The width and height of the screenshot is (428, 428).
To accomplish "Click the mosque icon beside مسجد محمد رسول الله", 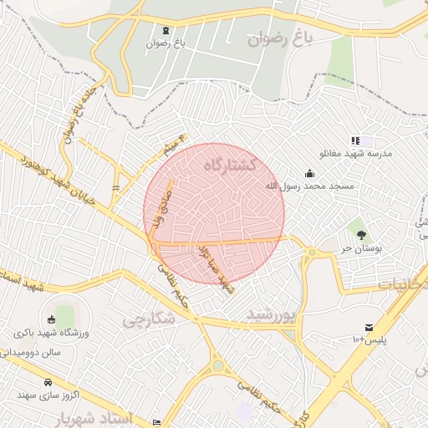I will point(310,173).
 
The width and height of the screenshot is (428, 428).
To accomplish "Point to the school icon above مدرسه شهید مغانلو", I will point(355,141).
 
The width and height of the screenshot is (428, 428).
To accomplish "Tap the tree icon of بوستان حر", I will point(361,235).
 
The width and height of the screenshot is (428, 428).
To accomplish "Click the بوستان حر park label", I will point(361,249).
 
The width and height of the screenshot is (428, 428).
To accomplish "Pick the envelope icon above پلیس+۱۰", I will point(369,327).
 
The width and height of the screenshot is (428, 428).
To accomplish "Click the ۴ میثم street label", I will point(173,145).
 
